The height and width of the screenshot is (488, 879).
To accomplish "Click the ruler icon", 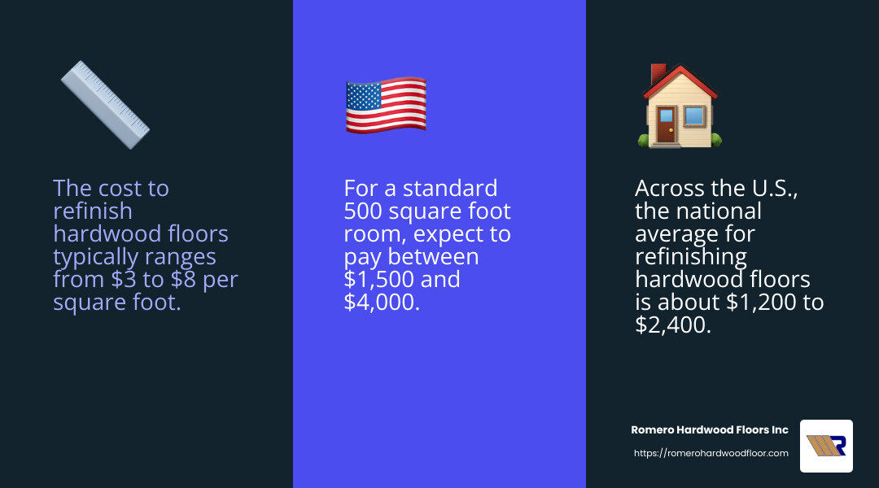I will point(105,105).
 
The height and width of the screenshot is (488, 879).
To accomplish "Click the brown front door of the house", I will point(666,126).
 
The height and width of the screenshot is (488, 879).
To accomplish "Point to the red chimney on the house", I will point(659,73).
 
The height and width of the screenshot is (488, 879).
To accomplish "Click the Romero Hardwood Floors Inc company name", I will point(710,429).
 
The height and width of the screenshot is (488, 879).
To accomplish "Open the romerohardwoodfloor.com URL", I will point(711,453).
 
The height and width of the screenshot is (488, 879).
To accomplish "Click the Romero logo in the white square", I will point(826,446).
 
